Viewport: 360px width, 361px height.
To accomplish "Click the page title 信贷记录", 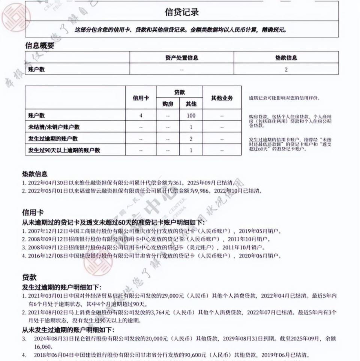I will coord(181,12).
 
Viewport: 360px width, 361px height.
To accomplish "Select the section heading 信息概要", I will coord(39,46).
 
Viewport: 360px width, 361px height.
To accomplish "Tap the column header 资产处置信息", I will coord(181,58).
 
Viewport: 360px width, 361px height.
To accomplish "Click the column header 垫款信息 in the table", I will coord(286,58).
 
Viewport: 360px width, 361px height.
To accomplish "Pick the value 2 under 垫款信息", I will coord(286,69).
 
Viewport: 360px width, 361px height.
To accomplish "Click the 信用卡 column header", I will coord(141,98).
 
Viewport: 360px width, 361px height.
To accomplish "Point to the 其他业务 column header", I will coord(222,98).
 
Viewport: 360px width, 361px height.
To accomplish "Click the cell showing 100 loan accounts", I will coord(191,115).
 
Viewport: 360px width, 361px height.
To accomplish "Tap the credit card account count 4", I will coord(141,115).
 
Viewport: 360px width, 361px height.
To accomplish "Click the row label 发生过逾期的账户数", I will coord(53,139).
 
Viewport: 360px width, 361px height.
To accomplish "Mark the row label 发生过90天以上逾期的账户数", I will coord(64,150).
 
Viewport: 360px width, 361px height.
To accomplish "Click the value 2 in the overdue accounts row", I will coord(191,139).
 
